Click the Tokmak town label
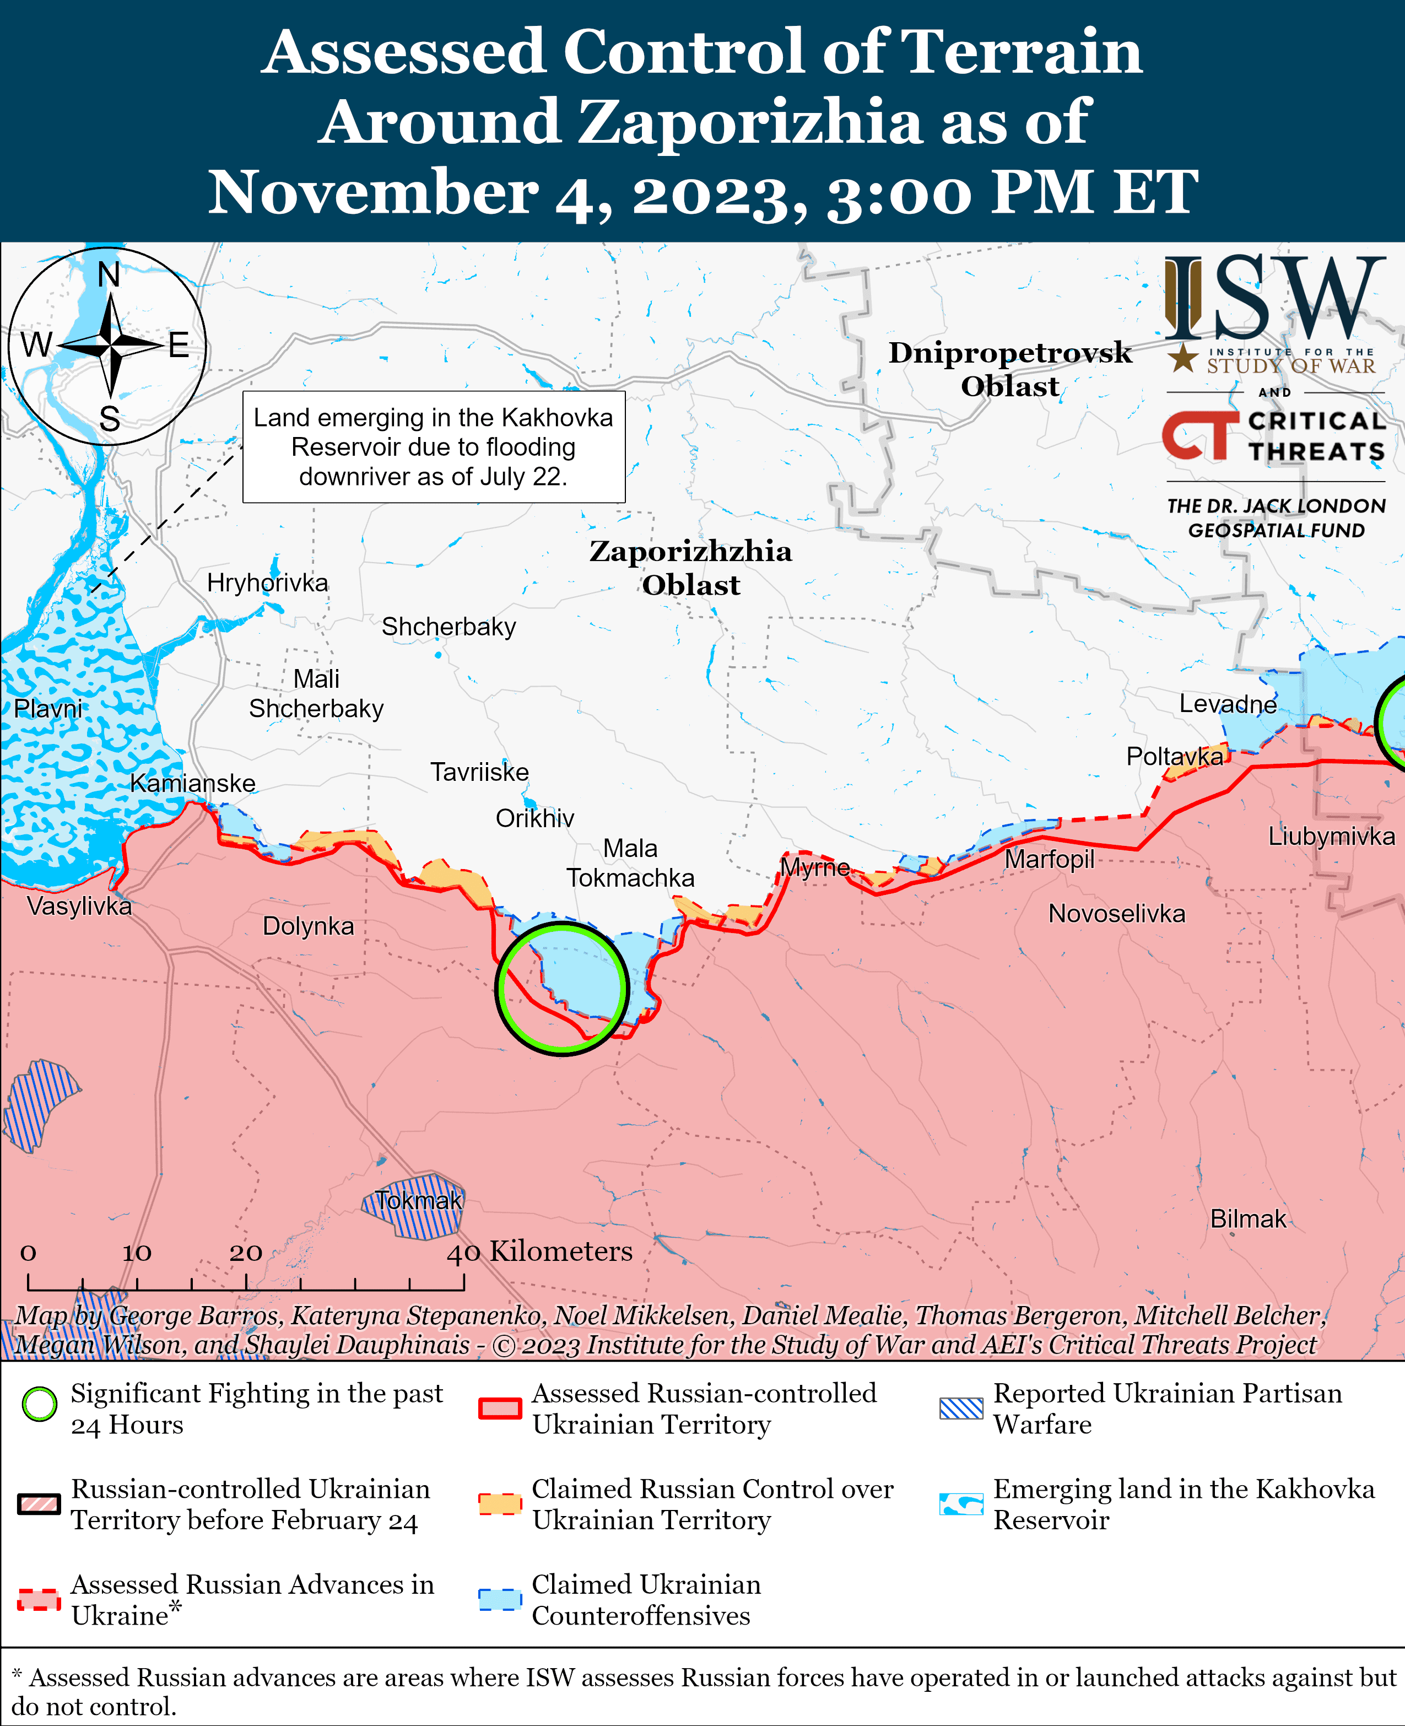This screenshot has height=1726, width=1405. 418,1201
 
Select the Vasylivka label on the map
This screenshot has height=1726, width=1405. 79,906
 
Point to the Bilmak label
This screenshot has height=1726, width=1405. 1248,1218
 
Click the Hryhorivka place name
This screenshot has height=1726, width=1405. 267,583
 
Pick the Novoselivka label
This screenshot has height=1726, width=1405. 1116,914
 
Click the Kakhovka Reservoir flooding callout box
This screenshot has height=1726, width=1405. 434,447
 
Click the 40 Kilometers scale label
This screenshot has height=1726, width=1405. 540,1252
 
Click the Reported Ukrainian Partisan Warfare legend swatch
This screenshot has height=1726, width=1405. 961,1409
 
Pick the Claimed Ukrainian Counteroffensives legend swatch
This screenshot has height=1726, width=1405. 499,1600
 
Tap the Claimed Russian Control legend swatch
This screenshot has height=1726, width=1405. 499,1504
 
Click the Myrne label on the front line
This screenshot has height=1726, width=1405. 814,868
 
